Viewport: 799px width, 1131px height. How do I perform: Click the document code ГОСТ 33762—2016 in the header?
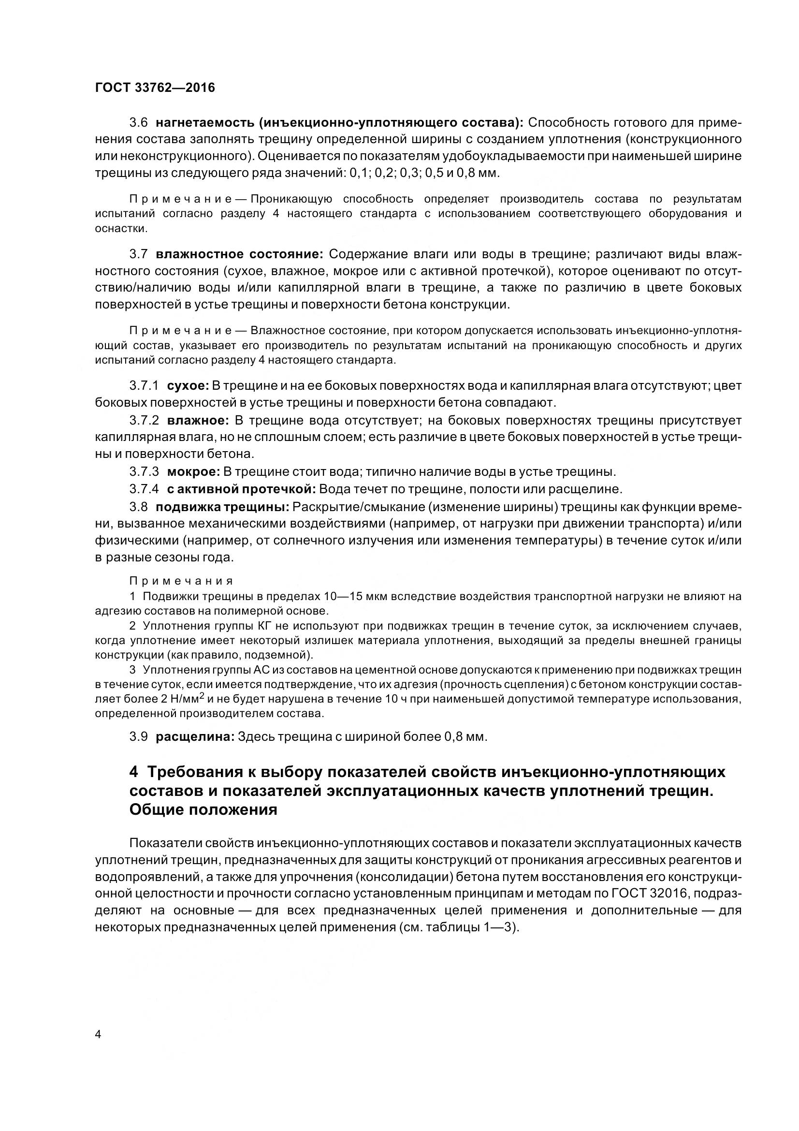click(x=155, y=88)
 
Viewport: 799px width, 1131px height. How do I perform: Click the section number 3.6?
click(x=138, y=122)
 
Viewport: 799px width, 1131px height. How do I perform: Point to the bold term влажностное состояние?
click(x=239, y=254)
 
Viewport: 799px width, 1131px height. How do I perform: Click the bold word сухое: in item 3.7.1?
click(x=189, y=386)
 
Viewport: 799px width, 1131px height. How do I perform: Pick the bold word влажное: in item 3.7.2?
click(x=198, y=420)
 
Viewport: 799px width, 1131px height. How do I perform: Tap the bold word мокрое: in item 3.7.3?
click(x=193, y=472)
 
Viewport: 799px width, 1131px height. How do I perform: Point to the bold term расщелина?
click(x=194, y=737)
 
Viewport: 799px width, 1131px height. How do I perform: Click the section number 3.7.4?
click(x=144, y=489)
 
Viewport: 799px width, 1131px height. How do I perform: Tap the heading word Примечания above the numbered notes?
click(x=181, y=581)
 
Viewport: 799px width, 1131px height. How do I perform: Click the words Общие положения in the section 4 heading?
click(x=203, y=810)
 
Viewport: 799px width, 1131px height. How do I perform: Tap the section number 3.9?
click(x=138, y=737)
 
